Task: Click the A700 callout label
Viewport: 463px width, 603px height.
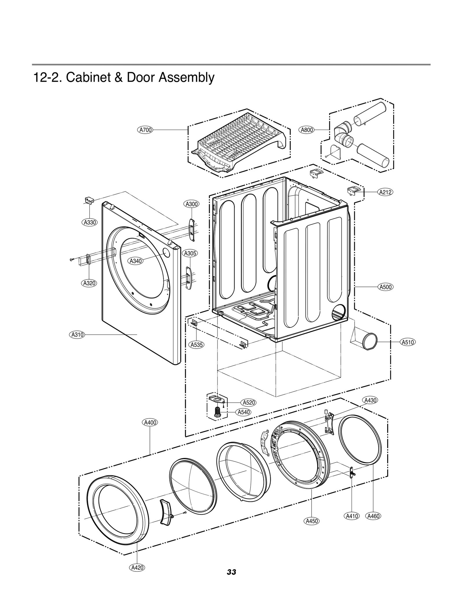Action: [x=145, y=130]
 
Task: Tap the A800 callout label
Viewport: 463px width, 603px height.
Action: [x=307, y=130]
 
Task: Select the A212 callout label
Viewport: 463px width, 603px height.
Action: [x=385, y=192]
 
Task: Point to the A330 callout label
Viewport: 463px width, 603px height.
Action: [x=89, y=222]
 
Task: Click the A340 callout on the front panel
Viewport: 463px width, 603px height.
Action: [x=135, y=261]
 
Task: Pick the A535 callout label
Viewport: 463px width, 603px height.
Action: [x=197, y=344]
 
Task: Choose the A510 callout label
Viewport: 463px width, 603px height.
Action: [x=408, y=342]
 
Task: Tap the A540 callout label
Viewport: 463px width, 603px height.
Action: [x=243, y=412]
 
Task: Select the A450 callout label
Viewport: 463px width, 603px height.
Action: [x=312, y=529]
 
